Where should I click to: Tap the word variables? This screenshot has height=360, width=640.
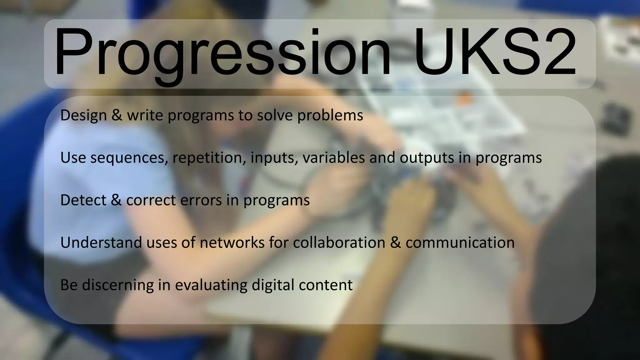tap(333, 157)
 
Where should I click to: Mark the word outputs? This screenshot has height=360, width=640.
tap(427, 158)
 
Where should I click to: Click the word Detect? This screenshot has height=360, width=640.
tap(83, 200)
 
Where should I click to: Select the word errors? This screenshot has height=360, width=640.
tap(201, 201)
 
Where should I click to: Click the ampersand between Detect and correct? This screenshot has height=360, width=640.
tap(116, 200)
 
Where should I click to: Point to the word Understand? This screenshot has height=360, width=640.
tap(101, 243)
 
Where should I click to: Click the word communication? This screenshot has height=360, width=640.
tap(460, 243)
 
